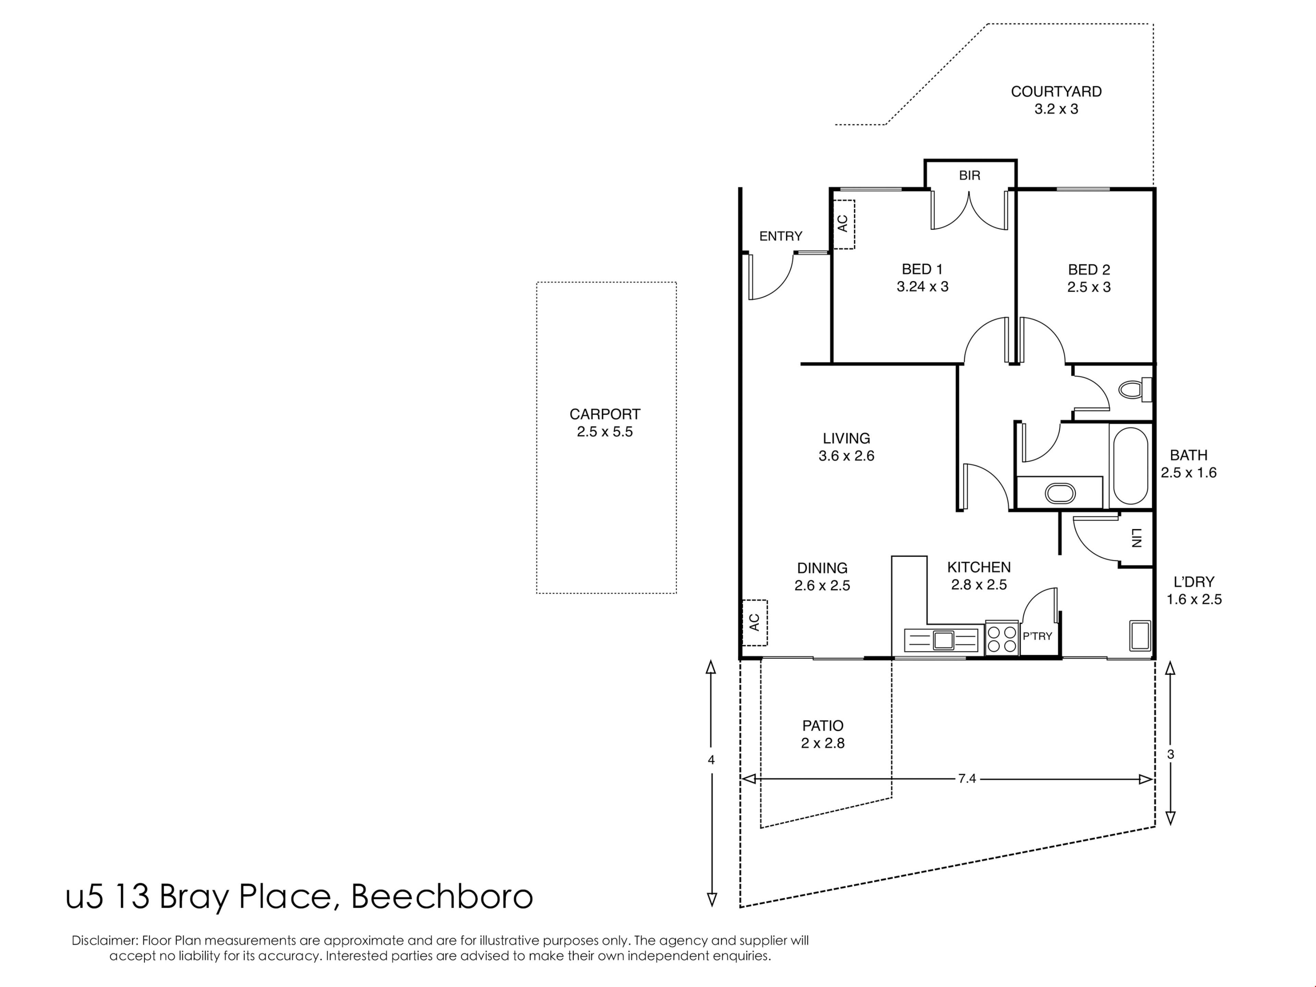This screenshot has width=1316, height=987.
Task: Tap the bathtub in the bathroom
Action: pyautogui.click(x=1130, y=465)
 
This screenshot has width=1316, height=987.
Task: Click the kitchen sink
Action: pyautogui.click(x=943, y=639)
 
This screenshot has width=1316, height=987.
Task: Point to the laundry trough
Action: pyautogui.click(x=1140, y=635)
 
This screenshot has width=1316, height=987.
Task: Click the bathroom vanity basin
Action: pyautogui.click(x=1060, y=493)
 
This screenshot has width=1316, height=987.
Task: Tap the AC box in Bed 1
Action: pyautogui.click(x=843, y=224)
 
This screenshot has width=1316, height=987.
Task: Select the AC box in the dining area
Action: pyautogui.click(x=754, y=622)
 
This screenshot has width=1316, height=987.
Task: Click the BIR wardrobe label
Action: pyautogui.click(x=970, y=175)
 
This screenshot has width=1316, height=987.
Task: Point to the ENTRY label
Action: pyautogui.click(x=781, y=236)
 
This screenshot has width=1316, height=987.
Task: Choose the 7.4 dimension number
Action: pyautogui.click(x=967, y=778)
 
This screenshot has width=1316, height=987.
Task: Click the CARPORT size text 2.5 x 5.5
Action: pyautogui.click(x=605, y=432)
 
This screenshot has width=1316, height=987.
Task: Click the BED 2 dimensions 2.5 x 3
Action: pyautogui.click(x=1089, y=287)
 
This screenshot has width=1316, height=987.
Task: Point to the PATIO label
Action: pyautogui.click(x=823, y=726)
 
